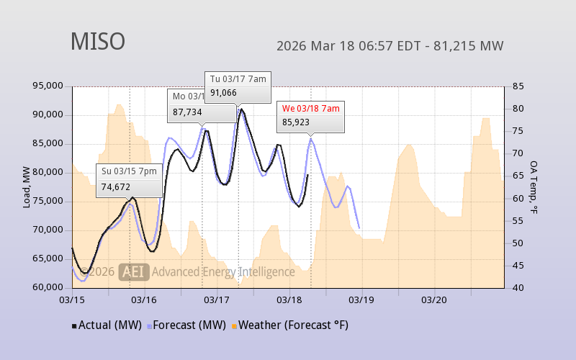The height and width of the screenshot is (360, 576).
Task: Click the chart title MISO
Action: click(x=97, y=42)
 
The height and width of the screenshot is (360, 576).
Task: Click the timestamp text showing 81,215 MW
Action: click(x=390, y=46)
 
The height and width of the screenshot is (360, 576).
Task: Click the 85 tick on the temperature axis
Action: click(x=517, y=86)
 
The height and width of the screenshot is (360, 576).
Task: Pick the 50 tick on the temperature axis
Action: click(x=517, y=243)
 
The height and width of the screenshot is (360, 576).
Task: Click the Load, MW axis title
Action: click(x=27, y=186)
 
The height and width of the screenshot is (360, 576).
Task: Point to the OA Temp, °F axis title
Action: click(x=534, y=186)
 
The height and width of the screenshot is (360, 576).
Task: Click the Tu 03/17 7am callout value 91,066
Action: click(x=224, y=92)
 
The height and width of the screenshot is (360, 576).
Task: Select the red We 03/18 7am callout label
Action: click(x=310, y=108)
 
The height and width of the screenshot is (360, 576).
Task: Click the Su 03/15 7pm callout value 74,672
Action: click(x=115, y=186)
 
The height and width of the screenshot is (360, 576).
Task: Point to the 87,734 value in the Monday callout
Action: click(x=187, y=112)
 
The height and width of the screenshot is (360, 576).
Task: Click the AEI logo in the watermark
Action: click(x=135, y=271)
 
